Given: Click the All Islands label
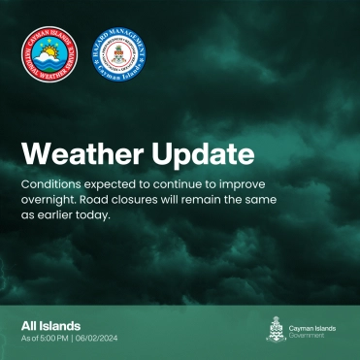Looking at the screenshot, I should (50, 325).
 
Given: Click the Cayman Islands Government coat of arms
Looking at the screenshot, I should (277, 331).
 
